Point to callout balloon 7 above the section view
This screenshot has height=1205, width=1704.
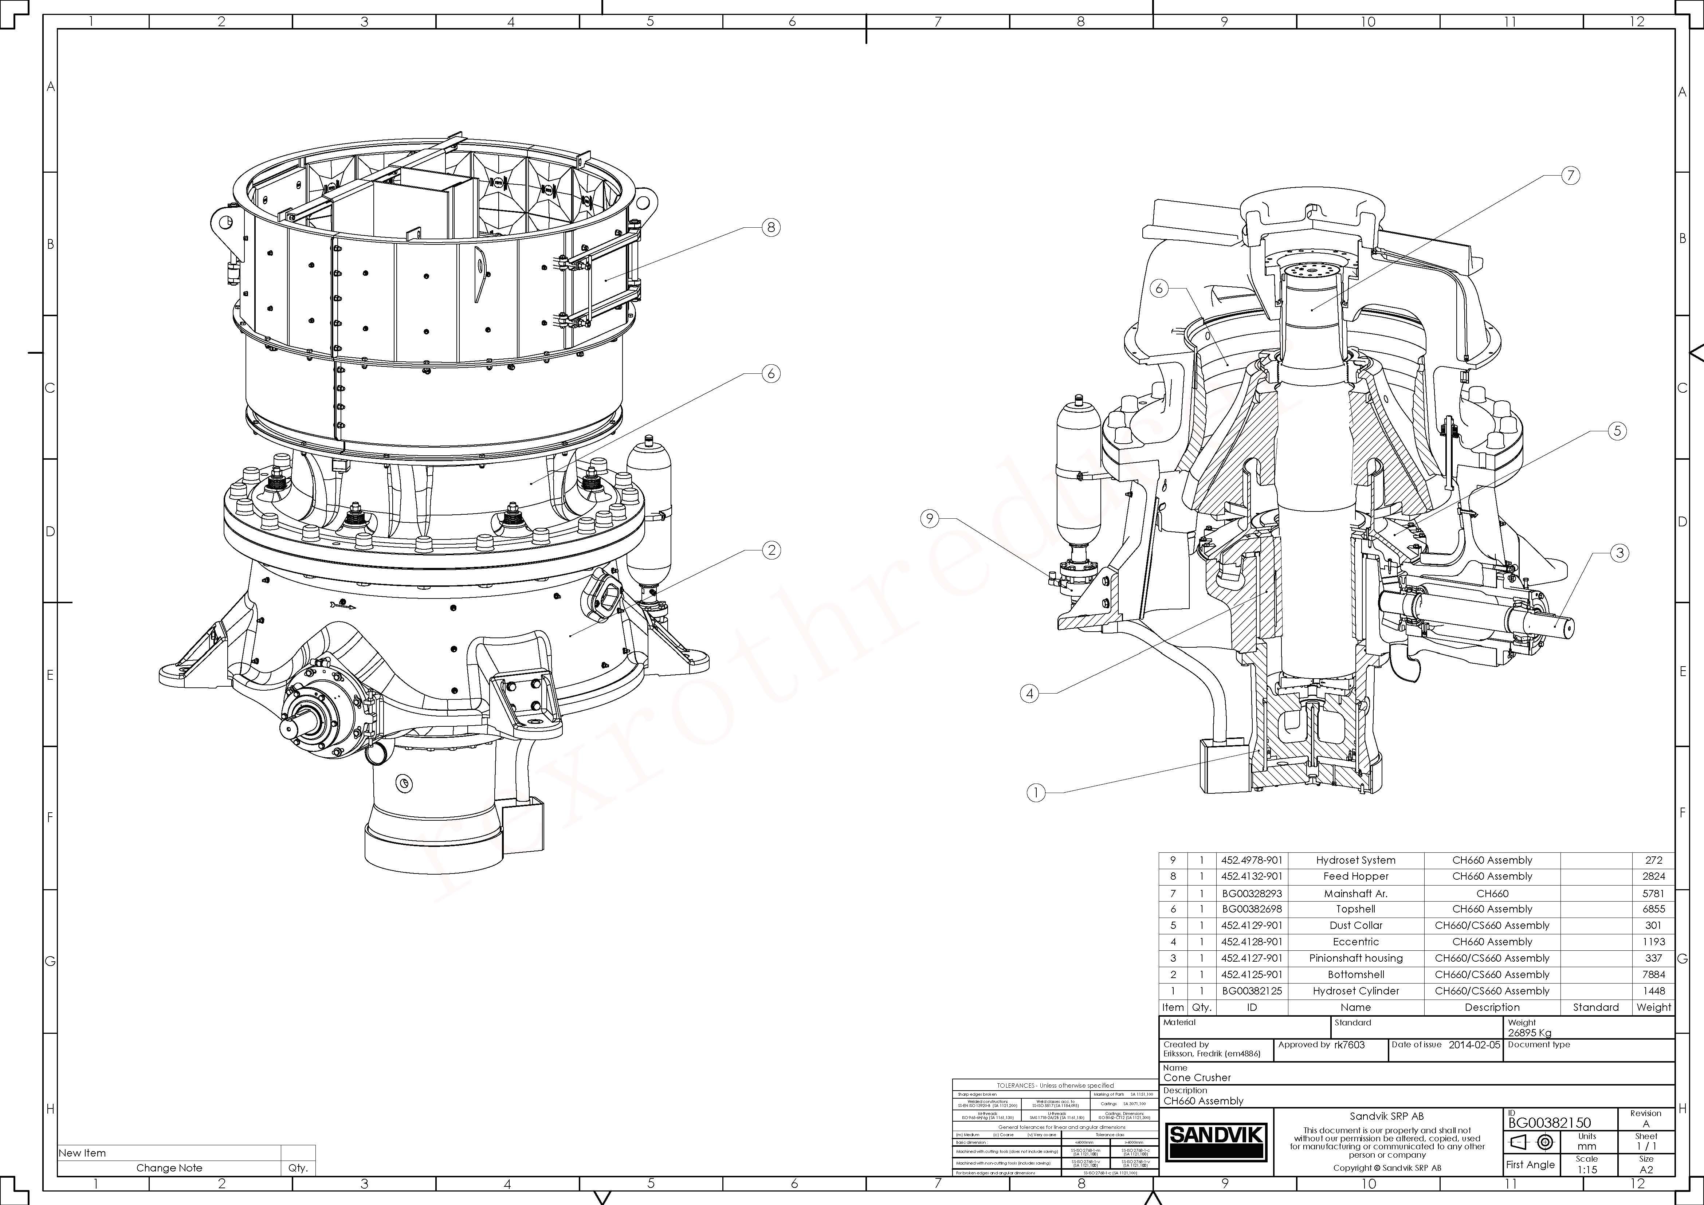(1570, 176)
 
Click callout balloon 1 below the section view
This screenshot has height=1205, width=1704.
(1036, 792)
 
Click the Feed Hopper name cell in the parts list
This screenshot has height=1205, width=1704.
(1355, 876)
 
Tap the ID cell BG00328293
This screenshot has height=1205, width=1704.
(1251, 893)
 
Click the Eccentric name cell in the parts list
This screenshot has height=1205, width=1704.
(1355, 942)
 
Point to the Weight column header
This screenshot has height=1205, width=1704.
(1653, 1007)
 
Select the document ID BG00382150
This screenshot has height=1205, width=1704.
(1550, 1123)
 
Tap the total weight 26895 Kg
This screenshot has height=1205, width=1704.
(1530, 1032)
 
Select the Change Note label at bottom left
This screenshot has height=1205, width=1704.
(169, 1168)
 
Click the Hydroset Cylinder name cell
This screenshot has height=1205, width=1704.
(1355, 990)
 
